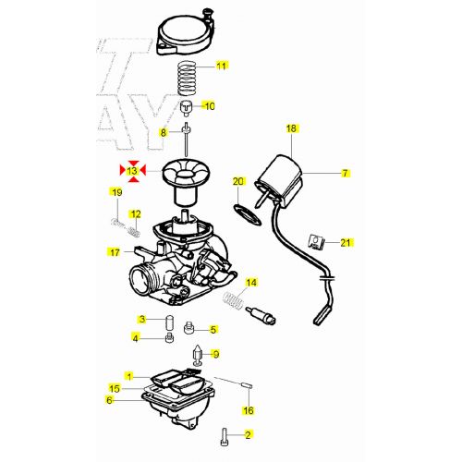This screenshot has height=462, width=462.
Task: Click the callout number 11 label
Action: [221, 66]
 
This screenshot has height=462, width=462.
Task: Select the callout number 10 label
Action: [210, 106]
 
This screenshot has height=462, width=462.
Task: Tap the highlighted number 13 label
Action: [132, 171]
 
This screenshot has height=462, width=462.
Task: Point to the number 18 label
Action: [291, 128]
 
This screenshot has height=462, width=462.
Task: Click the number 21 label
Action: [346, 243]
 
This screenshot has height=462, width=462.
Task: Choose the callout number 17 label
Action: [115, 252]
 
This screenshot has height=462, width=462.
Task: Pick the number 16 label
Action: [249, 410]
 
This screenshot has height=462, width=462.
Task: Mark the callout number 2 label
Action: [248, 435]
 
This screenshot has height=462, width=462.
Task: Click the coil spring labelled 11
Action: [188, 79]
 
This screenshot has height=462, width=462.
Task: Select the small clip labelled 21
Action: [316, 241]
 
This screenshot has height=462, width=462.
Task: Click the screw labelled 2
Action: [225, 437]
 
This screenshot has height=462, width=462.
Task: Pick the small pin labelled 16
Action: [248, 385]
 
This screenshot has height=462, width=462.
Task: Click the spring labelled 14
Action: [233, 300]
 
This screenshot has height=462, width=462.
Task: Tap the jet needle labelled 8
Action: [186, 140]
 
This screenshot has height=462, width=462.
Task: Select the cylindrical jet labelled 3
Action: [170, 322]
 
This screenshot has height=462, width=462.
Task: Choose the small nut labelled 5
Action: [188, 328]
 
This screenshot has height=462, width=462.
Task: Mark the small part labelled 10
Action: [187, 108]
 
